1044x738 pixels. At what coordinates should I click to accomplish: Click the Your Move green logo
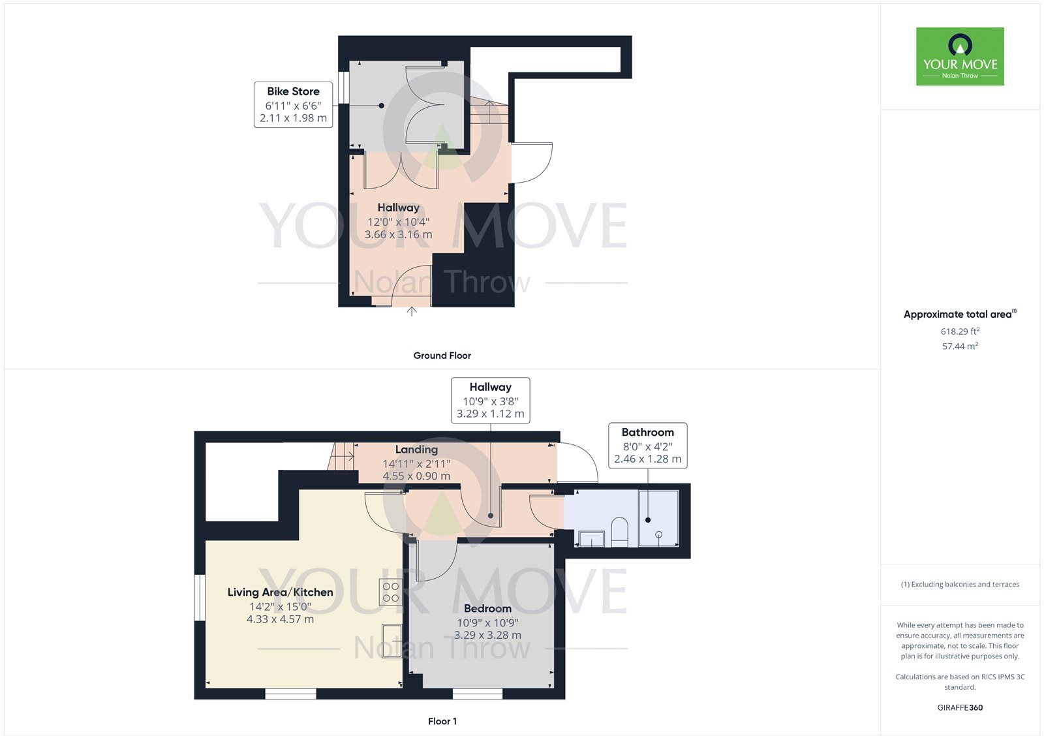click(960, 56)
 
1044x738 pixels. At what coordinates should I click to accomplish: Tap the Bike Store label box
click(293, 104)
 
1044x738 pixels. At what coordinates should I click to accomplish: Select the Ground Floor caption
click(442, 356)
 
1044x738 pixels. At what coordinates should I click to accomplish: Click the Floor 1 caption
click(442, 721)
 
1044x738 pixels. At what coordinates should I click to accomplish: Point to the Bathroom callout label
click(647, 445)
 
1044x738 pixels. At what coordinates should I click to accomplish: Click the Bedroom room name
click(487, 608)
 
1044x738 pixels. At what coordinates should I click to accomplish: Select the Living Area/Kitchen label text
click(280, 592)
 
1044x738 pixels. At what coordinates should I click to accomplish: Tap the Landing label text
click(416, 450)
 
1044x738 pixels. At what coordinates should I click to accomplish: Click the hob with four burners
click(390, 592)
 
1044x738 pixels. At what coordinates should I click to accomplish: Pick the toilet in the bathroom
click(619, 532)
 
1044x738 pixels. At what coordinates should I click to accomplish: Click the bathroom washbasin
click(592, 539)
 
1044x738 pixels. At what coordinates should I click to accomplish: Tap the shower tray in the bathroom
click(658, 518)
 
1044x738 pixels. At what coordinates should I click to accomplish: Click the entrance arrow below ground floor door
click(412, 312)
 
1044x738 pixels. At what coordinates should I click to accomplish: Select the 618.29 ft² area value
click(960, 331)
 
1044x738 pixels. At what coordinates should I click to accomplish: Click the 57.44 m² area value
click(960, 346)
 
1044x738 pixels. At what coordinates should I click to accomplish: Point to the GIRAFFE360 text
click(960, 707)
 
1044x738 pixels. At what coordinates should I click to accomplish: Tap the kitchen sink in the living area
click(392, 641)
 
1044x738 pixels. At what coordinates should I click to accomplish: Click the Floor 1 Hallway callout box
click(490, 400)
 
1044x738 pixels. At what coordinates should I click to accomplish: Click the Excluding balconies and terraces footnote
click(960, 585)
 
